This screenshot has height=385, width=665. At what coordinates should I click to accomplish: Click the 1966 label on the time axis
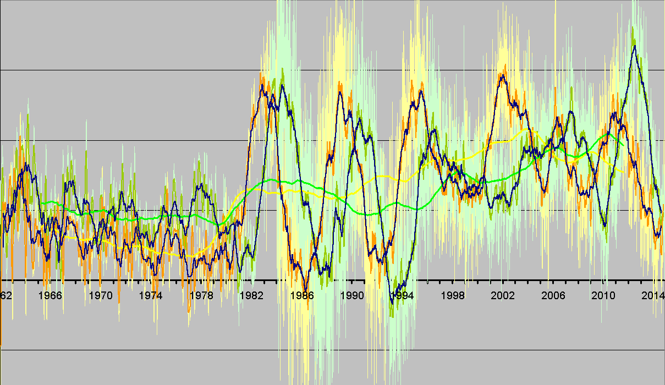point(51,295)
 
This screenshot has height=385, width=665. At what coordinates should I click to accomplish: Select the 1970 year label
point(101,295)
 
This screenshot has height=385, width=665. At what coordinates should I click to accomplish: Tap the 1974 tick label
point(151,295)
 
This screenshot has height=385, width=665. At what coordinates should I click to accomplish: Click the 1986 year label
point(302,295)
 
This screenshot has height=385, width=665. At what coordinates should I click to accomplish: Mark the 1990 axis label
point(352,295)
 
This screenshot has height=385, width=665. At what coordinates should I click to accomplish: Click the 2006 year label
point(553,295)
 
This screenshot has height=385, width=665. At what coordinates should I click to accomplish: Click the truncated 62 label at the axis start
point(6,295)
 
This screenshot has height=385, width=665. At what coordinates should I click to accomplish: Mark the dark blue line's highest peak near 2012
point(635,46)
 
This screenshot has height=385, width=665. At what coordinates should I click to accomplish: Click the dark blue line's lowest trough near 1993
point(392,303)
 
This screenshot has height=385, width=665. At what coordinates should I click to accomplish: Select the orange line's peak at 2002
point(502,74)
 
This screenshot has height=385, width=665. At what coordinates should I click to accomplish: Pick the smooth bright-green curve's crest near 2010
point(609,133)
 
